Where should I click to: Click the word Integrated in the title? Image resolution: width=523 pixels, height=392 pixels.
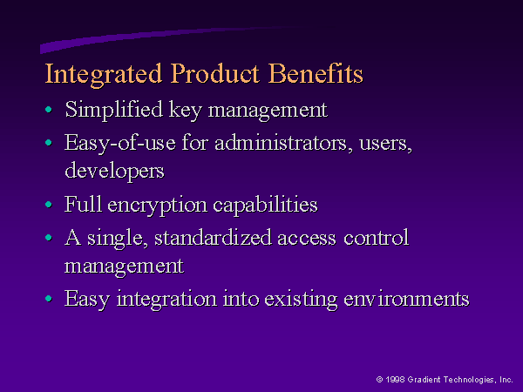[x=104, y=75]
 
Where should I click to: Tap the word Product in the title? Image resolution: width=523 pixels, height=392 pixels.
[x=214, y=73]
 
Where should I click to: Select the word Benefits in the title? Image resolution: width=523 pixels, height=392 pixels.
[x=316, y=73]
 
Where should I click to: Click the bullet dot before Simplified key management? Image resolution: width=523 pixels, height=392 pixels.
[x=49, y=110]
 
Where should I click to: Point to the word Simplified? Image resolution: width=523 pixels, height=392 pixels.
[x=113, y=110]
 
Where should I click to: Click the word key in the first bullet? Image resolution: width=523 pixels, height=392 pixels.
[x=185, y=111]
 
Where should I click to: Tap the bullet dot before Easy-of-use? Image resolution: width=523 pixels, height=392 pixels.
[x=49, y=143]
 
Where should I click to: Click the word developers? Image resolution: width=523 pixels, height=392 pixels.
[x=114, y=172]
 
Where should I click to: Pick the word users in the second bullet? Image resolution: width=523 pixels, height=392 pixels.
[x=385, y=145]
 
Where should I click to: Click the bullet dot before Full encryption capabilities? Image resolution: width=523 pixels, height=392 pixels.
[x=49, y=205]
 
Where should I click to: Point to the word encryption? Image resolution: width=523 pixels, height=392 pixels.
[x=157, y=206]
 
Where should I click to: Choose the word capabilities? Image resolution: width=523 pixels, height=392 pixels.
[x=265, y=206]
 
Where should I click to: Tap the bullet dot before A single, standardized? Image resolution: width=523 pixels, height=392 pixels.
[x=49, y=237]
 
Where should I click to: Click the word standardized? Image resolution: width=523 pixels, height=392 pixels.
[x=213, y=238]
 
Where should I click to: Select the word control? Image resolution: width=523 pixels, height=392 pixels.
[x=377, y=238]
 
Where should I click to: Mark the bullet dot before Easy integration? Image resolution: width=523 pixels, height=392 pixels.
[x=49, y=298]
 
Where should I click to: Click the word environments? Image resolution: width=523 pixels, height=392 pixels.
[x=406, y=299]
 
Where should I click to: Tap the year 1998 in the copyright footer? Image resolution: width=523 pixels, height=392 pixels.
[x=395, y=379]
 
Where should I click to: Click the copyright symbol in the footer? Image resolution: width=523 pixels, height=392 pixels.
[x=379, y=379]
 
